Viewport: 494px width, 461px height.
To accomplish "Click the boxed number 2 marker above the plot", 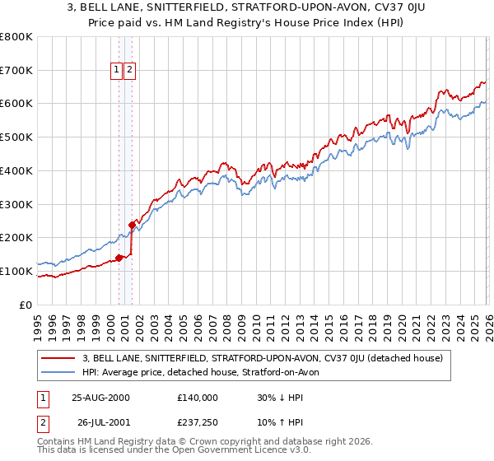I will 131,70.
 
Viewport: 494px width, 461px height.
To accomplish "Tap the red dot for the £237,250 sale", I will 132,224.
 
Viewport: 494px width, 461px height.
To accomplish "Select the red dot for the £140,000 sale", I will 119,258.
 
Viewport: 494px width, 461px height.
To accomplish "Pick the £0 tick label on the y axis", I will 25,305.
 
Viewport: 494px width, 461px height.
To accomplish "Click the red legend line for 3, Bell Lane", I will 58,358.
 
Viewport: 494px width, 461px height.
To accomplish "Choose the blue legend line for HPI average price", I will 58,372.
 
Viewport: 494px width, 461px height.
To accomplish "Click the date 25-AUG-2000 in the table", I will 100,398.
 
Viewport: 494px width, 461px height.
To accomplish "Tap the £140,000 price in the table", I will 198,398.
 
